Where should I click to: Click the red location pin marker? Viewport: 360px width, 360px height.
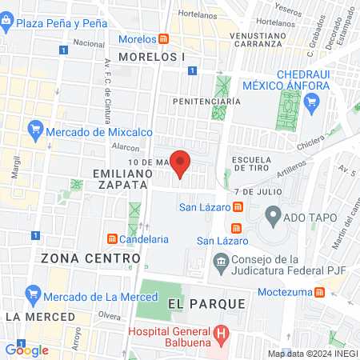181,164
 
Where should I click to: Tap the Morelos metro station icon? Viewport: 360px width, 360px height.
164,39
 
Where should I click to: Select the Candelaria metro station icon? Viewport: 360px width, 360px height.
112,238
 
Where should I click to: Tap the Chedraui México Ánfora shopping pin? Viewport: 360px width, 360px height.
312,102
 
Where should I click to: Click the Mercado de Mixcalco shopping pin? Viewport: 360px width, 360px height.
35,128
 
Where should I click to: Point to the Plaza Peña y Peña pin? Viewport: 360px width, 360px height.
7,24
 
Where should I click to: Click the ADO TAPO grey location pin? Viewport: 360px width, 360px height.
273,214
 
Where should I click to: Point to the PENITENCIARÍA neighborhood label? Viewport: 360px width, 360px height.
207,102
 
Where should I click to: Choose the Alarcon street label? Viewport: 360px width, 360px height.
126,148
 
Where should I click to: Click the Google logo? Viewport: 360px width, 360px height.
26,350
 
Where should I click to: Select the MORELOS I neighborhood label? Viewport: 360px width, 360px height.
151,57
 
